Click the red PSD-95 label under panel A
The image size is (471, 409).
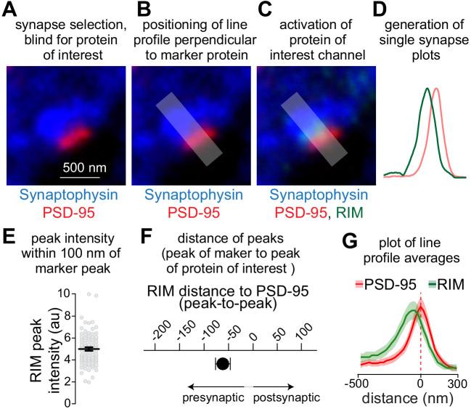click(66, 212)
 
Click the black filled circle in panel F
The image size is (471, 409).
click(223, 363)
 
